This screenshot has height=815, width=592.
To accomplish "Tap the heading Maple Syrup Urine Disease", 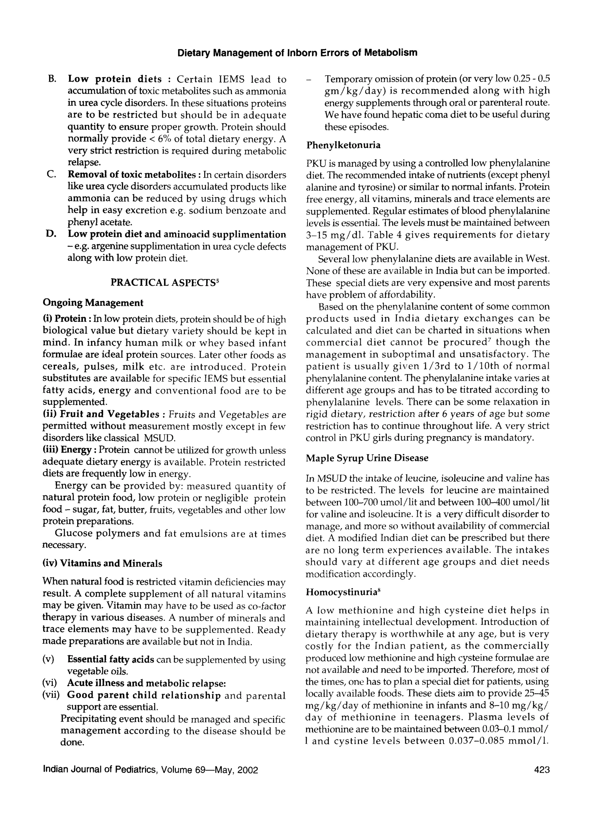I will [367, 458].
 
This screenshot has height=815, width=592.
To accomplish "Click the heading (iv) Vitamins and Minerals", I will [102, 563].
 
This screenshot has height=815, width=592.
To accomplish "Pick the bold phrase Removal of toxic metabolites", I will [132, 175].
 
